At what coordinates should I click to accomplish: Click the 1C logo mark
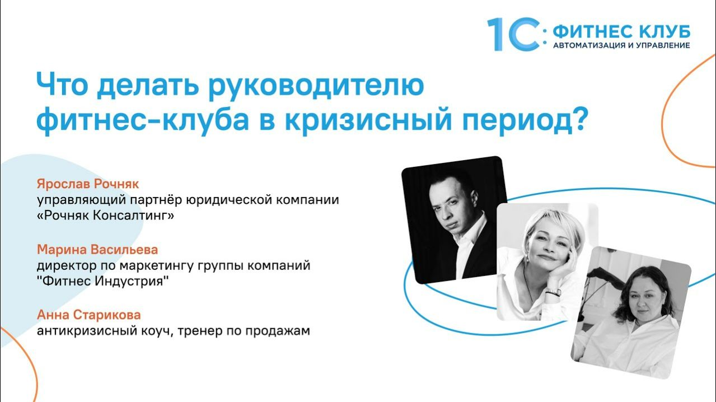tap(513, 34)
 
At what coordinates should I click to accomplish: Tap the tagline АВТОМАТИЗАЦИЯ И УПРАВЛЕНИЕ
tap(621, 45)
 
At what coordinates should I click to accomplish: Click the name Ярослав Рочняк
tap(87, 184)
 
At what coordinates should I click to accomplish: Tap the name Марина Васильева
tap(97, 249)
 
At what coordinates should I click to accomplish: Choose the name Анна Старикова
tap(88, 315)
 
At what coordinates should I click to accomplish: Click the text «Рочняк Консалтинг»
tap(106, 216)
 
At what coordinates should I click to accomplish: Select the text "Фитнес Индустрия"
tap(103, 281)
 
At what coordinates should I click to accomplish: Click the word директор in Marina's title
tap(62, 265)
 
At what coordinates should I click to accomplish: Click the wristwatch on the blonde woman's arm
tap(553, 292)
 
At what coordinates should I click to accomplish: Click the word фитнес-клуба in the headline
tap(142, 120)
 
